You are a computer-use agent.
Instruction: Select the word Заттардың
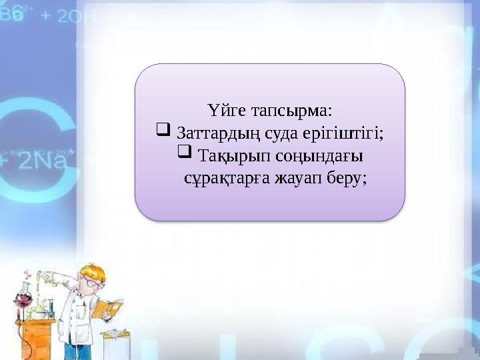213,133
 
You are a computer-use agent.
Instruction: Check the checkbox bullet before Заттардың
161,131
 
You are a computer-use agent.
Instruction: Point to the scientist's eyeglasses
90,283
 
